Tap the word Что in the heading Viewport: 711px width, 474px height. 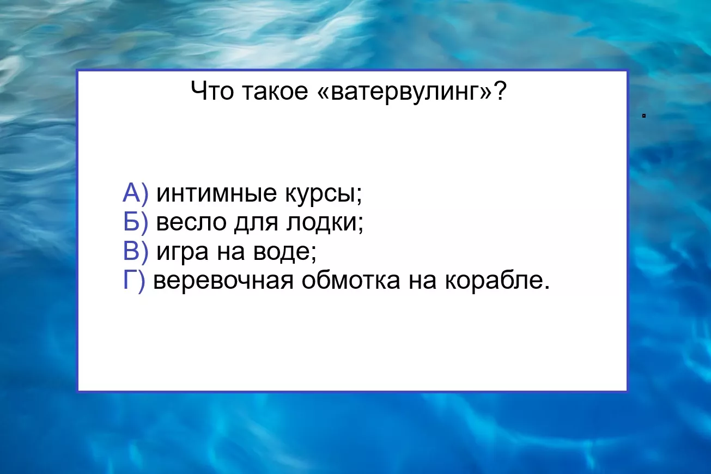tap(212, 90)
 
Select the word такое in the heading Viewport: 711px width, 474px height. tap(275, 91)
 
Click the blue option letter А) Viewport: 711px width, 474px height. tap(136, 192)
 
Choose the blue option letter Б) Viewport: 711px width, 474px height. tap(136, 222)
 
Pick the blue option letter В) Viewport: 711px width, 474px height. tap(136, 251)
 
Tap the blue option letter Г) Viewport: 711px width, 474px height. tap(134, 281)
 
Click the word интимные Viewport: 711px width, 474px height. tap(216, 193)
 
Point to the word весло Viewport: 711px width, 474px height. tap(191, 222)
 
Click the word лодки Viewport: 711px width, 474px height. tap(325, 223)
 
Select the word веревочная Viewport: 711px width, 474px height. tap(223, 281)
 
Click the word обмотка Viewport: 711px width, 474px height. tap(351, 280)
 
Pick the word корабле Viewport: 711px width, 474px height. tap(497, 281)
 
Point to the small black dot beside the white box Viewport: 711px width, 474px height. tap(643, 116)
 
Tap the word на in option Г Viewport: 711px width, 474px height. tap(422, 281)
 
